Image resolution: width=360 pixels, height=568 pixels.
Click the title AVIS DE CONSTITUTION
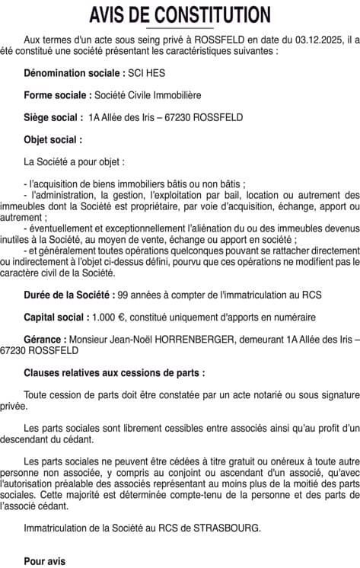180,14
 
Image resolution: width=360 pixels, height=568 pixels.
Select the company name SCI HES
146,73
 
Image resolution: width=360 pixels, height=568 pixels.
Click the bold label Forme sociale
57,95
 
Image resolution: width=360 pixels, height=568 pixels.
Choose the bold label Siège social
53,117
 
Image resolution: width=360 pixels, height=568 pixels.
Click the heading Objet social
53,140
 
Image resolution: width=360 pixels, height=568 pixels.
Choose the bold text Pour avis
45,561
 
